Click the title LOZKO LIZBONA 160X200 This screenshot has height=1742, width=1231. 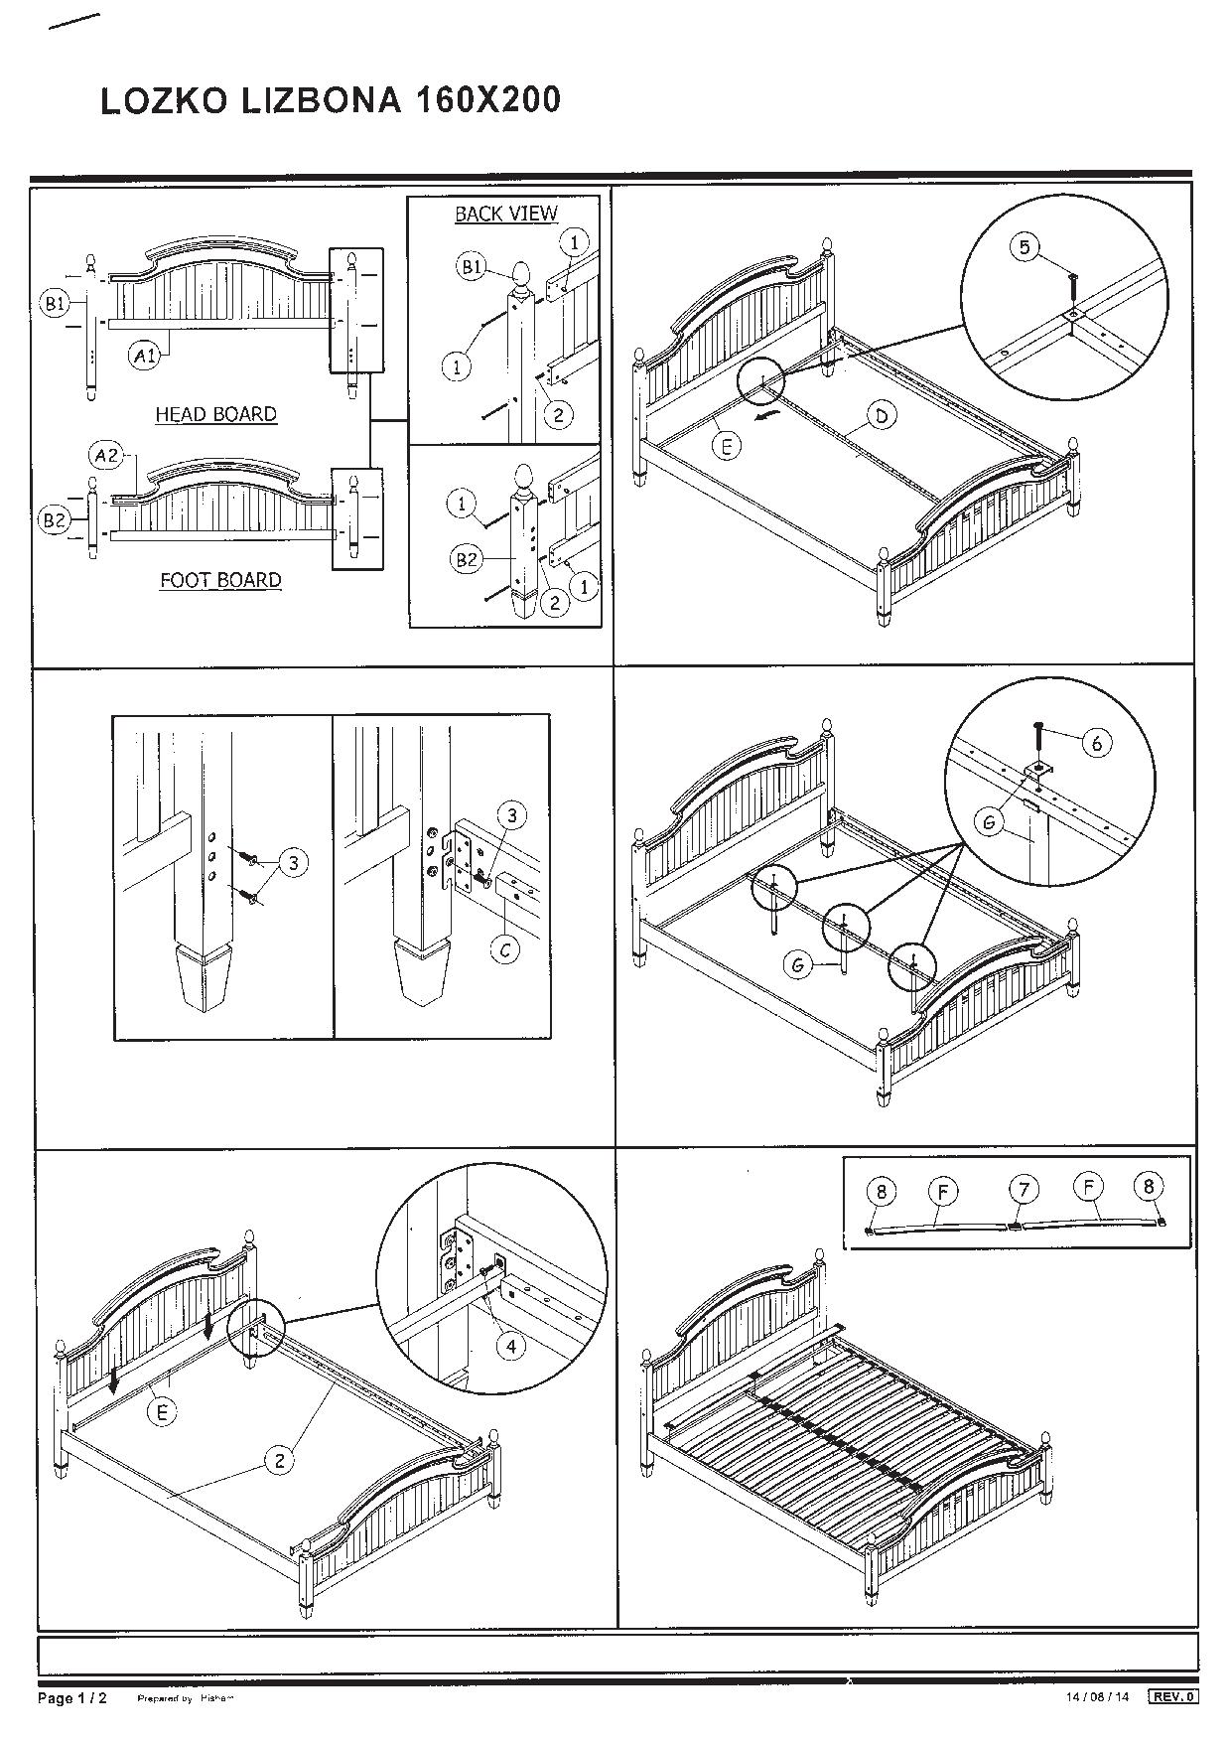tap(331, 100)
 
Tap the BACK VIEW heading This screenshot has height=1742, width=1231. tap(506, 214)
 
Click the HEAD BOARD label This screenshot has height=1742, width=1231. tap(215, 414)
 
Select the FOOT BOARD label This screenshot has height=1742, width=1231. tap(220, 580)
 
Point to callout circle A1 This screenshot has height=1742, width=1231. tap(146, 356)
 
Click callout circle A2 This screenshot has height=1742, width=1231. tap(107, 456)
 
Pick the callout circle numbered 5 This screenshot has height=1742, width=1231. tap(1026, 247)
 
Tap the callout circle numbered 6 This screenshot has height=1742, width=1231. tap(1096, 742)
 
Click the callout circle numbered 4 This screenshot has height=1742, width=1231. tap(510, 1346)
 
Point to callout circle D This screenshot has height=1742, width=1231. tap(881, 415)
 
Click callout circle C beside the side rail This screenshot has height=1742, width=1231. tap(506, 950)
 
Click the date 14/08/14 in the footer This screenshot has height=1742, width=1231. tap(1097, 1697)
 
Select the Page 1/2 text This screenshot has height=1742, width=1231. tap(71, 1698)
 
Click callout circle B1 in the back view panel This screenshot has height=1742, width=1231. tap(471, 266)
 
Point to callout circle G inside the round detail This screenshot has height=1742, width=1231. tap(989, 821)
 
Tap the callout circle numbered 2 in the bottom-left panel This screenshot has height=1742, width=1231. tap(280, 1459)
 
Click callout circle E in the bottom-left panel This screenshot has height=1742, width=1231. tap(163, 1411)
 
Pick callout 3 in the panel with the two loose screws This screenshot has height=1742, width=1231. tap(294, 863)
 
